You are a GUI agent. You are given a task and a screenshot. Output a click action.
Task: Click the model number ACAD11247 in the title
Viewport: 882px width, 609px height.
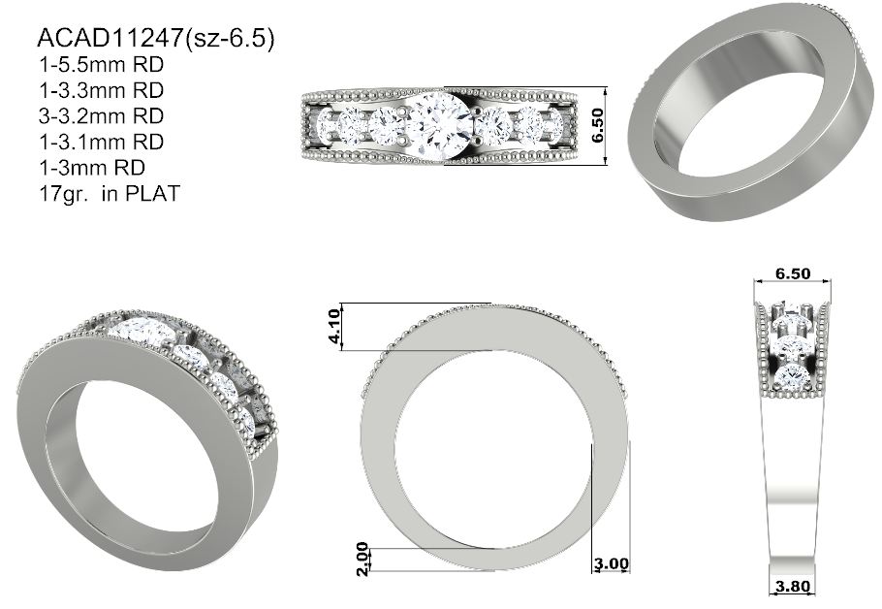click(x=110, y=38)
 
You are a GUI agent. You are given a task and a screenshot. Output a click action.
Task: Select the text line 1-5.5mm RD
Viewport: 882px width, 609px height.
click(x=101, y=65)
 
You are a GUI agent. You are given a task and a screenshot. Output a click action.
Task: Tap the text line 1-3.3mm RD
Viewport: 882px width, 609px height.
click(x=101, y=90)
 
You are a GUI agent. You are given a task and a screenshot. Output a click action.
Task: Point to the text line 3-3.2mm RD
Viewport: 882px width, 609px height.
click(x=101, y=116)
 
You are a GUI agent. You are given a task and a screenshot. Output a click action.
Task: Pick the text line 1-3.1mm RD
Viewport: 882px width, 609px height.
click(x=101, y=142)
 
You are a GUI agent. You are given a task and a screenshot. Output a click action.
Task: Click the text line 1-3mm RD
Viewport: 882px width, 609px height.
click(x=92, y=168)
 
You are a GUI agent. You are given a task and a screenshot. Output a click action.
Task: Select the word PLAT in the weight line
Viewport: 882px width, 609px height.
click(x=152, y=194)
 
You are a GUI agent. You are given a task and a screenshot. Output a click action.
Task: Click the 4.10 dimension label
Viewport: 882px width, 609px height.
click(x=333, y=327)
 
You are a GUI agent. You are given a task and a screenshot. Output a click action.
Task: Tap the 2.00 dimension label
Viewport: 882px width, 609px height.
click(x=362, y=559)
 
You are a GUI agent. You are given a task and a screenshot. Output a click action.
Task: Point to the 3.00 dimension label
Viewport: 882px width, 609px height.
click(x=612, y=563)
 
